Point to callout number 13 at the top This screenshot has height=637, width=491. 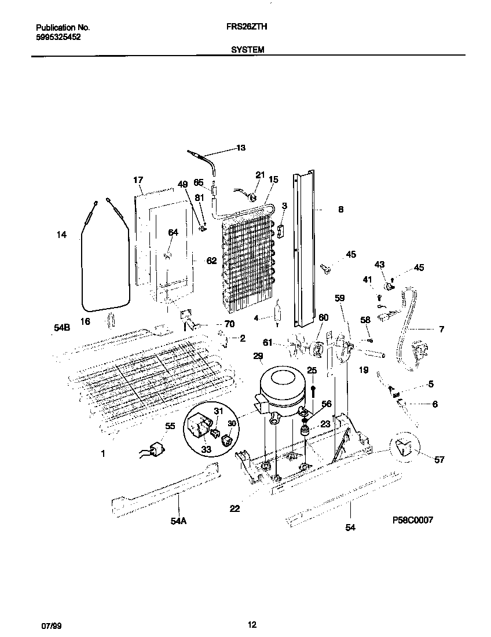[x=240, y=148]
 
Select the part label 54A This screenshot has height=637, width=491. [x=179, y=521]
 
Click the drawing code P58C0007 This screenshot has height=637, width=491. [x=412, y=521]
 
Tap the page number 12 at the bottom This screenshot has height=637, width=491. [x=251, y=625]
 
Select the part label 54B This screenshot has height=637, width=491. [x=62, y=328]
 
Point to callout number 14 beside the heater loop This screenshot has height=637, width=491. [x=61, y=235]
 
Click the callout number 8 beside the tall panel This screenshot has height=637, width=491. [x=340, y=210]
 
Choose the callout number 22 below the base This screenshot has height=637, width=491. [x=234, y=509]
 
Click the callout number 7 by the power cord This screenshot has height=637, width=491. [x=441, y=330]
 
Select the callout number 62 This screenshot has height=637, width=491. [x=211, y=261]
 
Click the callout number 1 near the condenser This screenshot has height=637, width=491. [x=103, y=455]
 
